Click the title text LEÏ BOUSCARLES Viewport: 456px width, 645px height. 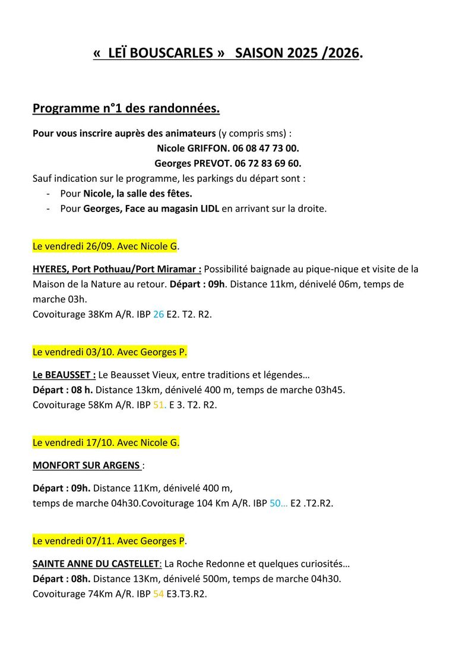click(x=160, y=53)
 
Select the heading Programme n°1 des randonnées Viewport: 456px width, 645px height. click(x=126, y=109)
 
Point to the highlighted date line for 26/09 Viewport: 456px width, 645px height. click(x=106, y=246)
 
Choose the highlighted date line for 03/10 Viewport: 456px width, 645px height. click(x=109, y=352)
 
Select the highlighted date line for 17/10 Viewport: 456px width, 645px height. click(x=106, y=442)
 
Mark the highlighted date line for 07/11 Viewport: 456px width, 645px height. click(x=109, y=541)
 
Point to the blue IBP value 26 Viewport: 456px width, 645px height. click(x=159, y=315)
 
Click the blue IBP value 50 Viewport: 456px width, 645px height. click(x=277, y=504)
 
